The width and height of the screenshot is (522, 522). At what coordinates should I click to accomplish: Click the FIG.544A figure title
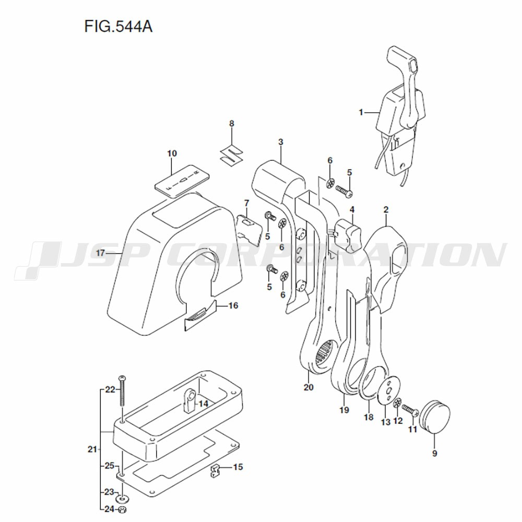(118, 26)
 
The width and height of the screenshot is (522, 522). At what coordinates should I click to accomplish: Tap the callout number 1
(361, 113)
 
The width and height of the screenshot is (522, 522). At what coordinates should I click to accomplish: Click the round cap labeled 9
(434, 417)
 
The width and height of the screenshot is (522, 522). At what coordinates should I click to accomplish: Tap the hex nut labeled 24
(122, 509)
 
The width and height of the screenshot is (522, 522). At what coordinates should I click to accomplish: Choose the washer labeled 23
(123, 499)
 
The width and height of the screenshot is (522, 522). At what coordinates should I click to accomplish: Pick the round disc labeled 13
(388, 390)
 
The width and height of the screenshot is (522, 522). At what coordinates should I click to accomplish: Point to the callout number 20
(309, 387)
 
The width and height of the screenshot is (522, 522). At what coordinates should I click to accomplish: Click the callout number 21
(92, 449)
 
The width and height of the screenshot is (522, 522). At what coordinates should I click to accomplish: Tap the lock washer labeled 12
(397, 404)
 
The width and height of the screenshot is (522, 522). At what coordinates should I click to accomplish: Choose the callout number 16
(233, 305)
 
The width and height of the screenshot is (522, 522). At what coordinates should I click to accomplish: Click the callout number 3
(281, 142)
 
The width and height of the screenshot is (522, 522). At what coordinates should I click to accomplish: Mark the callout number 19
(344, 410)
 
